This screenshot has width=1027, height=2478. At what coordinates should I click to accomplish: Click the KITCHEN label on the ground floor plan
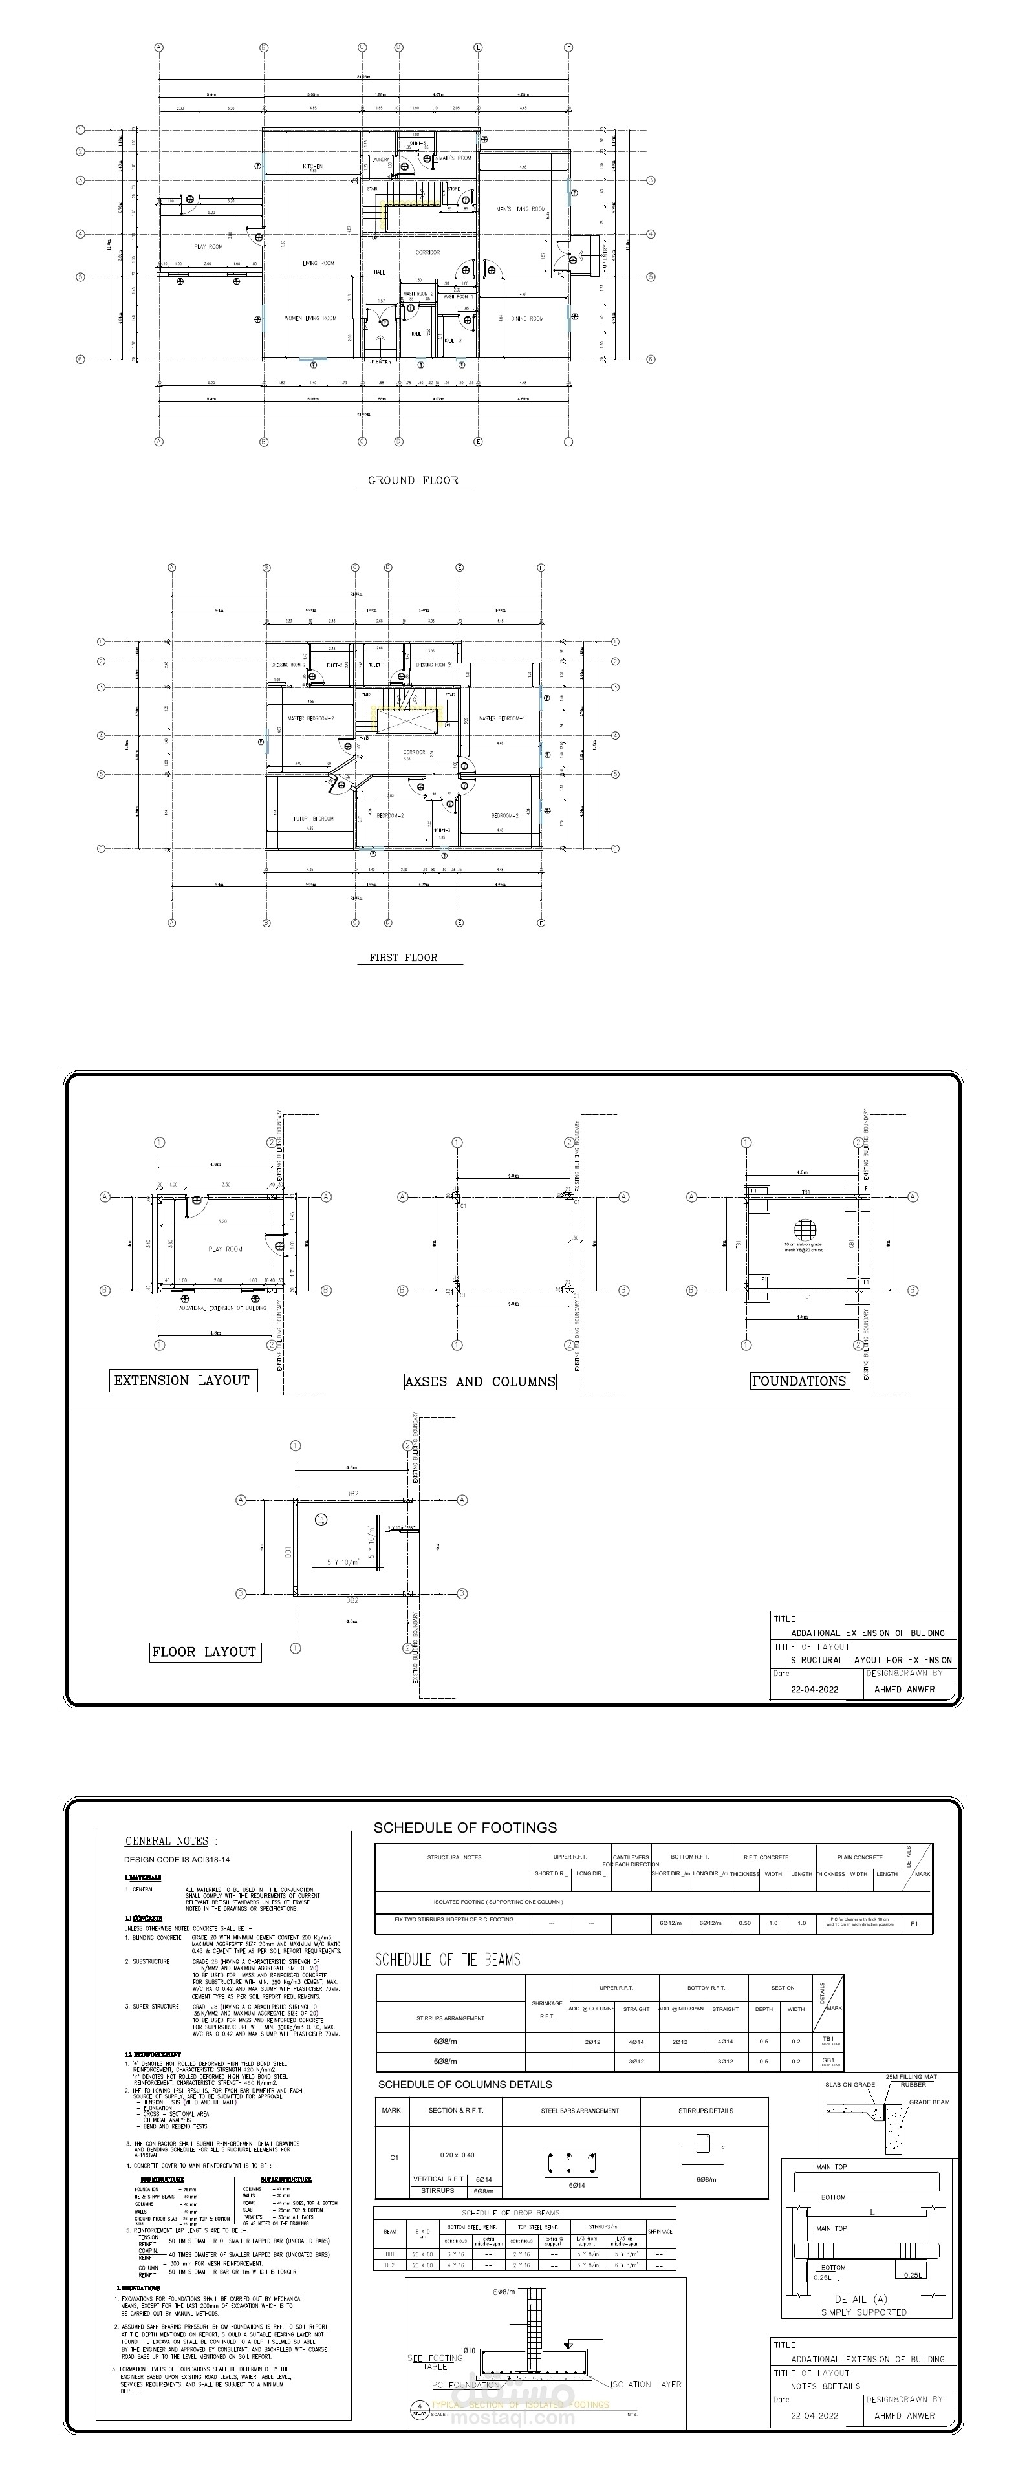(x=312, y=166)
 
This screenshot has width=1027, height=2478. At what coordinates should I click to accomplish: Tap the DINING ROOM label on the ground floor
(x=527, y=318)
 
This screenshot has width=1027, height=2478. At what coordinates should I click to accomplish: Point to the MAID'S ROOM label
(x=455, y=158)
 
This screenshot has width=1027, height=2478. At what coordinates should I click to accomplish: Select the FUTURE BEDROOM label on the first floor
(x=314, y=819)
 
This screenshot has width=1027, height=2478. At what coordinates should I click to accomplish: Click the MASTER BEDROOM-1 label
(x=502, y=718)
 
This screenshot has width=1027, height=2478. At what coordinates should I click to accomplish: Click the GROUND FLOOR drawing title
(x=413, y=480)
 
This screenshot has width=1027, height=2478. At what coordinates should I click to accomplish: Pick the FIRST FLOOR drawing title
(x=403, y=957)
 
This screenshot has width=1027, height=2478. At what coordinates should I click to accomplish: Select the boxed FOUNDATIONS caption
(x=798, y=1381)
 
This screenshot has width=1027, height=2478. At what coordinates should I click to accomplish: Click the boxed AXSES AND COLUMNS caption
(x=480, y=1381)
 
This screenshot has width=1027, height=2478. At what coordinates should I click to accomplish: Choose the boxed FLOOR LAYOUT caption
(x=204, y=1652)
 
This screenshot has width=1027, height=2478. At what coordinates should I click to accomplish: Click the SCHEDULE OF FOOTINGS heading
(x=464, y=1827)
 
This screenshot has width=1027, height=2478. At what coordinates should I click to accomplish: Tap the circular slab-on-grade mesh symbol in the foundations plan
(x=804, y=1229)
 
